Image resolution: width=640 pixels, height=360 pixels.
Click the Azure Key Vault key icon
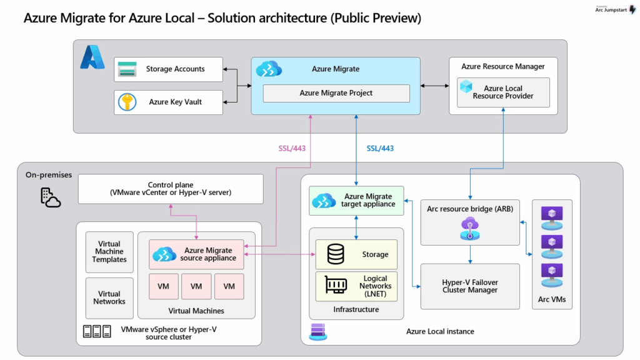pyautogui.click(x=127, y=102)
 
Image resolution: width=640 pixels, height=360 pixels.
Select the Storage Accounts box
pyautogui.click(x=169, y=69)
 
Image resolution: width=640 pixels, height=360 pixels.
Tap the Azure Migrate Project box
pyautogui.click(x=336, y=93)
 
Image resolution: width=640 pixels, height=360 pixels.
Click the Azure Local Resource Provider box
pyautogui.click(x=503, y=92)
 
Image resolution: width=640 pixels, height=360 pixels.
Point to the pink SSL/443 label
pyautogui.click(x=292, y=149)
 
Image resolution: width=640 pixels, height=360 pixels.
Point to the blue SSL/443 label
pyautogui.click(x=380, y=149)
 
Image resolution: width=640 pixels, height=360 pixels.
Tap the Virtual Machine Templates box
pyautogui.click(x=109, y=252)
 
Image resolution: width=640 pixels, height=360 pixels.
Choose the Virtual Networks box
pyautogui.click(x=109, y=297)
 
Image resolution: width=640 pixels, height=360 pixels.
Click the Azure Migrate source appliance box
pyautogui.click(x=197, y=254)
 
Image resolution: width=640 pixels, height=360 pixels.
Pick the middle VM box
pyautogui.click(x=196, y=286)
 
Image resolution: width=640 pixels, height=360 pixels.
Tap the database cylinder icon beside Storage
pyautogui.click(x=336, y=254)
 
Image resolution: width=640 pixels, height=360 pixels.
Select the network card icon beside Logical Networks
pyautogui.click(x=336, y=286)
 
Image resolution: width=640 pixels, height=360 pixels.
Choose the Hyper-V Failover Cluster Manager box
pyautogui.click(x=470, y=286)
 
